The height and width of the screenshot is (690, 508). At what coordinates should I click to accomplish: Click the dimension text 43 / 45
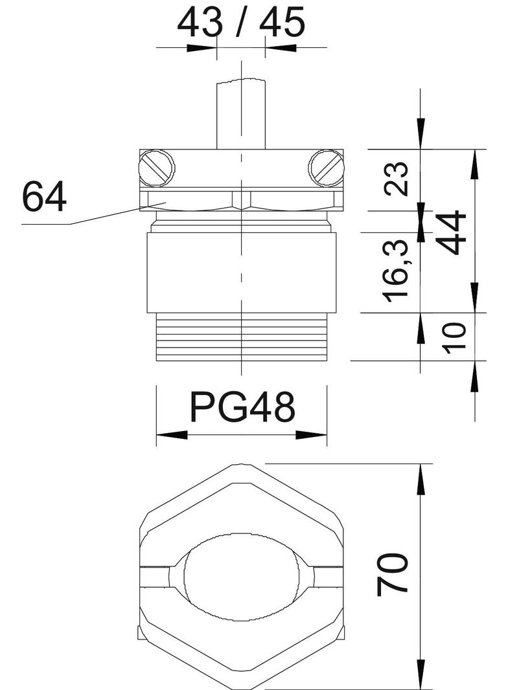pos(240,22)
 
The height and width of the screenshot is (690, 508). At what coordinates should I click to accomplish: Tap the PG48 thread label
pos(242,407)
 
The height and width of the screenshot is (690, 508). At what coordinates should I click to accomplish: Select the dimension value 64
pos(44,197)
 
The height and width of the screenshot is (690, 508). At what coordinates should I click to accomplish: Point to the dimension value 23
pos(396,178)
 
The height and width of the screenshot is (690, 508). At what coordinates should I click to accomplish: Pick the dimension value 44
pos(454,232)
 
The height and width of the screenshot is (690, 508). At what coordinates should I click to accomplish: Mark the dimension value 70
pos(392,574)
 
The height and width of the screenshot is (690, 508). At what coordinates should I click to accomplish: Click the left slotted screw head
pos(156,168)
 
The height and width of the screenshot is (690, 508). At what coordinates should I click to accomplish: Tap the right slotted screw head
pos(326,168)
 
